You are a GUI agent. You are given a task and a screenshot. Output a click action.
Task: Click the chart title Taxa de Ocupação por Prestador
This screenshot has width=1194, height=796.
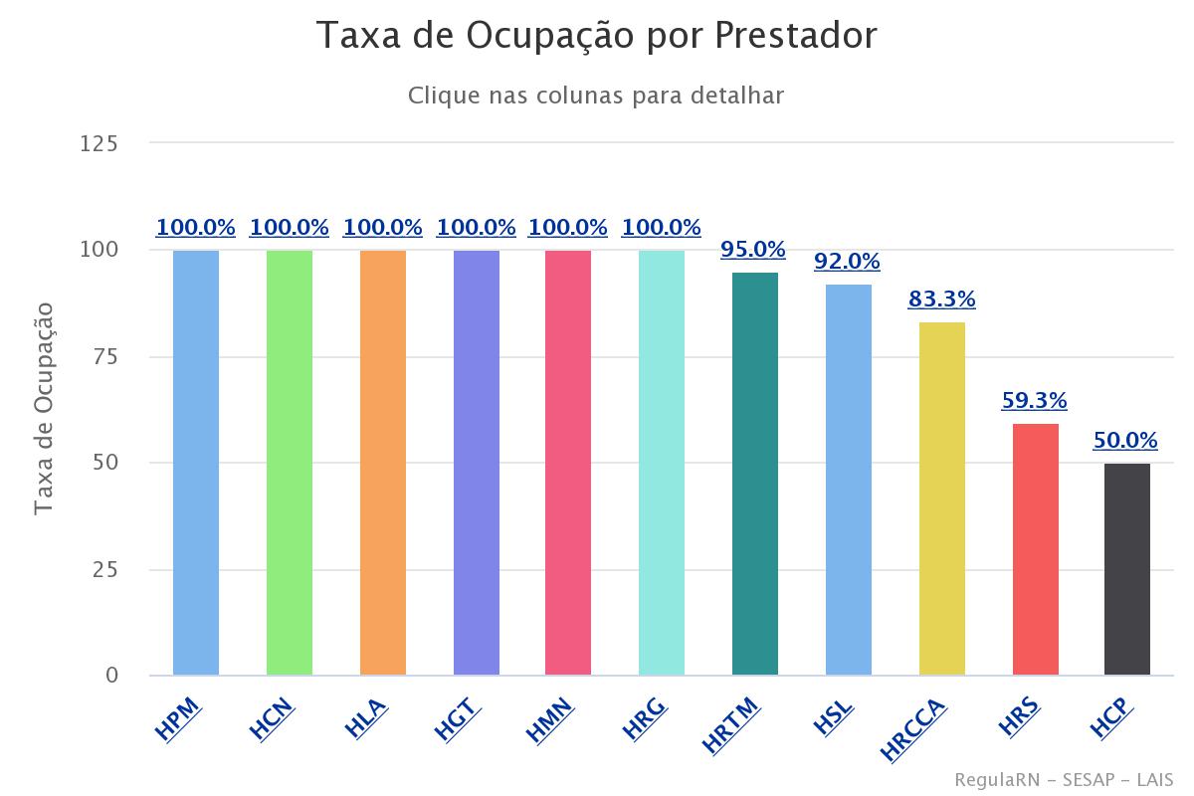(597, 36)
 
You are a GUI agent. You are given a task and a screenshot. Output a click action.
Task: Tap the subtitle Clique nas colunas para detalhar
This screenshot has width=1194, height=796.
(596, 96)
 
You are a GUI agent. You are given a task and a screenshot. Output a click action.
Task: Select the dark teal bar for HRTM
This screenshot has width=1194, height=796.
(755, 474)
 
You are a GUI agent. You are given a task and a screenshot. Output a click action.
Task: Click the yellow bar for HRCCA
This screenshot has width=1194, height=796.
(942, 497)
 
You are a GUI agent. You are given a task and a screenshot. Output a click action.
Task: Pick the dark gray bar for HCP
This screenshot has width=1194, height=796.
(1127, 569)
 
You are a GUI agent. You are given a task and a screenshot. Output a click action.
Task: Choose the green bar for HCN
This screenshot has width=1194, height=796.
(290, 463)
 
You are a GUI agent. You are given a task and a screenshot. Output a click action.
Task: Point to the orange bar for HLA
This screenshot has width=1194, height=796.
(383, 463)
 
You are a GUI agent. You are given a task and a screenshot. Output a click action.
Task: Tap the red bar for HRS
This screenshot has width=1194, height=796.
(1036, 549)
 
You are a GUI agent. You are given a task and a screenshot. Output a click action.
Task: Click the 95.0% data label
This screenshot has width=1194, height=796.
(753, 249)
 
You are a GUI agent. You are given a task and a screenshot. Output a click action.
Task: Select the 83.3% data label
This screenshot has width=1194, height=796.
(941, 298)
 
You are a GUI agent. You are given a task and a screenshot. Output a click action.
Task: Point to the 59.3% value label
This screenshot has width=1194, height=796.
(1034, 401)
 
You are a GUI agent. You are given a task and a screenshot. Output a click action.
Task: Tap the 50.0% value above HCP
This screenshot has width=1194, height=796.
(1125, 440)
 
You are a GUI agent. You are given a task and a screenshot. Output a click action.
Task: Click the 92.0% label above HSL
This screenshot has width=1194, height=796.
(847, 262)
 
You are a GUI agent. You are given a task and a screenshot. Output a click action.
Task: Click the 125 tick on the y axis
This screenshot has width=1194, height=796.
(99, 144)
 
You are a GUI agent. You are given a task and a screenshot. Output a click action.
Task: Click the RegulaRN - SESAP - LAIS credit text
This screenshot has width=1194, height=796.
(1064, 779)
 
